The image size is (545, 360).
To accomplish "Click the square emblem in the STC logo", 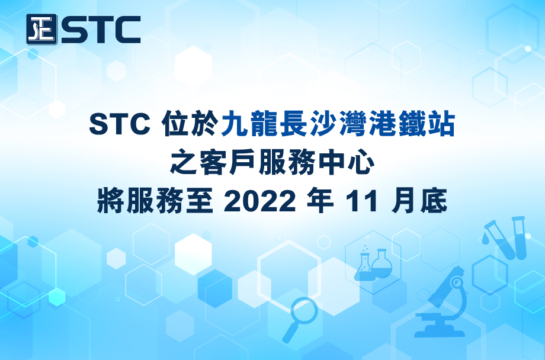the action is click(41, 29).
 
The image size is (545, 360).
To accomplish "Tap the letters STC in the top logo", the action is click(101, 30).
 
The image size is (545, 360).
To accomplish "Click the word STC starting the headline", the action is click(120, 124).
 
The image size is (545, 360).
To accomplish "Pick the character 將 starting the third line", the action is click(111, 201).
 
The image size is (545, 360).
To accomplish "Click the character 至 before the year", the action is click(200, 201).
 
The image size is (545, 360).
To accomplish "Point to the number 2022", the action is click(259, 201).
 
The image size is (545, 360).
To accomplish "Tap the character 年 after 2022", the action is click(320, 201).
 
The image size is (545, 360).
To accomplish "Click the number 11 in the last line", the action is click(361, 201).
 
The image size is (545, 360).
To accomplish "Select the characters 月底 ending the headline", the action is click(419, 201).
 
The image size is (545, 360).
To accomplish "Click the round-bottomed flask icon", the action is click(381, 263).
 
